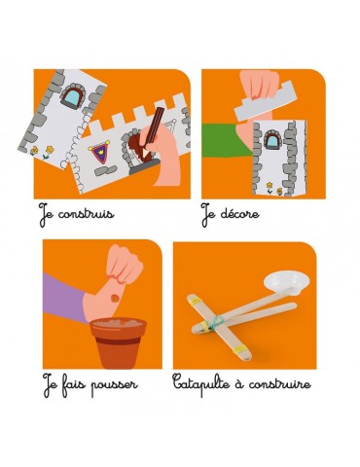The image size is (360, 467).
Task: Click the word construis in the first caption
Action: click(x=87, y=214)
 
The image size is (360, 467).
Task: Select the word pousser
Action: click(x=114, y=386)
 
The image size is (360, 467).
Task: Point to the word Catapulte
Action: click(x=200, y=384)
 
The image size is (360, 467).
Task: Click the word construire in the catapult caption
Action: click(x=280, y=384)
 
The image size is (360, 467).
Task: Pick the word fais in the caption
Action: click(x=74, y=383)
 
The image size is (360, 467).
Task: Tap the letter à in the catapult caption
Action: click(x=237, y=382)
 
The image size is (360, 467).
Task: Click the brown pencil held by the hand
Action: click(x=154, y=128)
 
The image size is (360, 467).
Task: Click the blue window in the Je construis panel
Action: click(x=73, y=94)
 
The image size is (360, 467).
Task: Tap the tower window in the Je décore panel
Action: click(x=273, y=140)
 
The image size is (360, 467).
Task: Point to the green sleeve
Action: click(x=225, y=140)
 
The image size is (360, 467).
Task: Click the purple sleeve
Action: click(x=64, y=298)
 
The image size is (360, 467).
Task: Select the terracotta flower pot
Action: click(x=119, y=342)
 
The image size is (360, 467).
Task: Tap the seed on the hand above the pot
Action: click(x=115, y=298)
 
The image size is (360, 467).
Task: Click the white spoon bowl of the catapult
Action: click(x=286, y=284)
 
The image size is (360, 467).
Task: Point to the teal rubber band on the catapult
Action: click(x=215, y=322)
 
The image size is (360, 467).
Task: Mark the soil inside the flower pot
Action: click(x=118, y=323)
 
